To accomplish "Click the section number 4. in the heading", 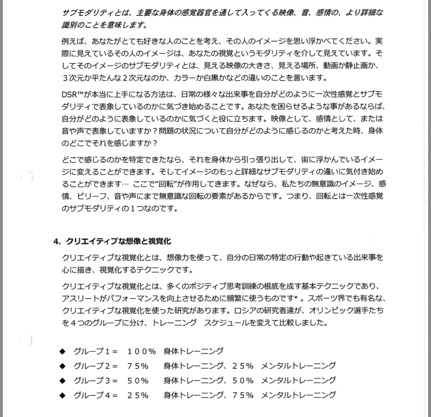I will (57, 241).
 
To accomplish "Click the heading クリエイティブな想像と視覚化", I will (118, 241).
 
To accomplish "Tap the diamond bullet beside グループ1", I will (62, 351).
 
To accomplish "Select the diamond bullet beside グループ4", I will (62, 395).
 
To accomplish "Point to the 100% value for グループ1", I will (142, 351).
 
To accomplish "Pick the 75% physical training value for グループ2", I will (138, 366).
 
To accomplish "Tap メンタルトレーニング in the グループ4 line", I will (298, 395).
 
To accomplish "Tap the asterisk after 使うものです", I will (296, 298).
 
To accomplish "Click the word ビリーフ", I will (92, 196).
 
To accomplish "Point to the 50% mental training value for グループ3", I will (243, 381).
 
